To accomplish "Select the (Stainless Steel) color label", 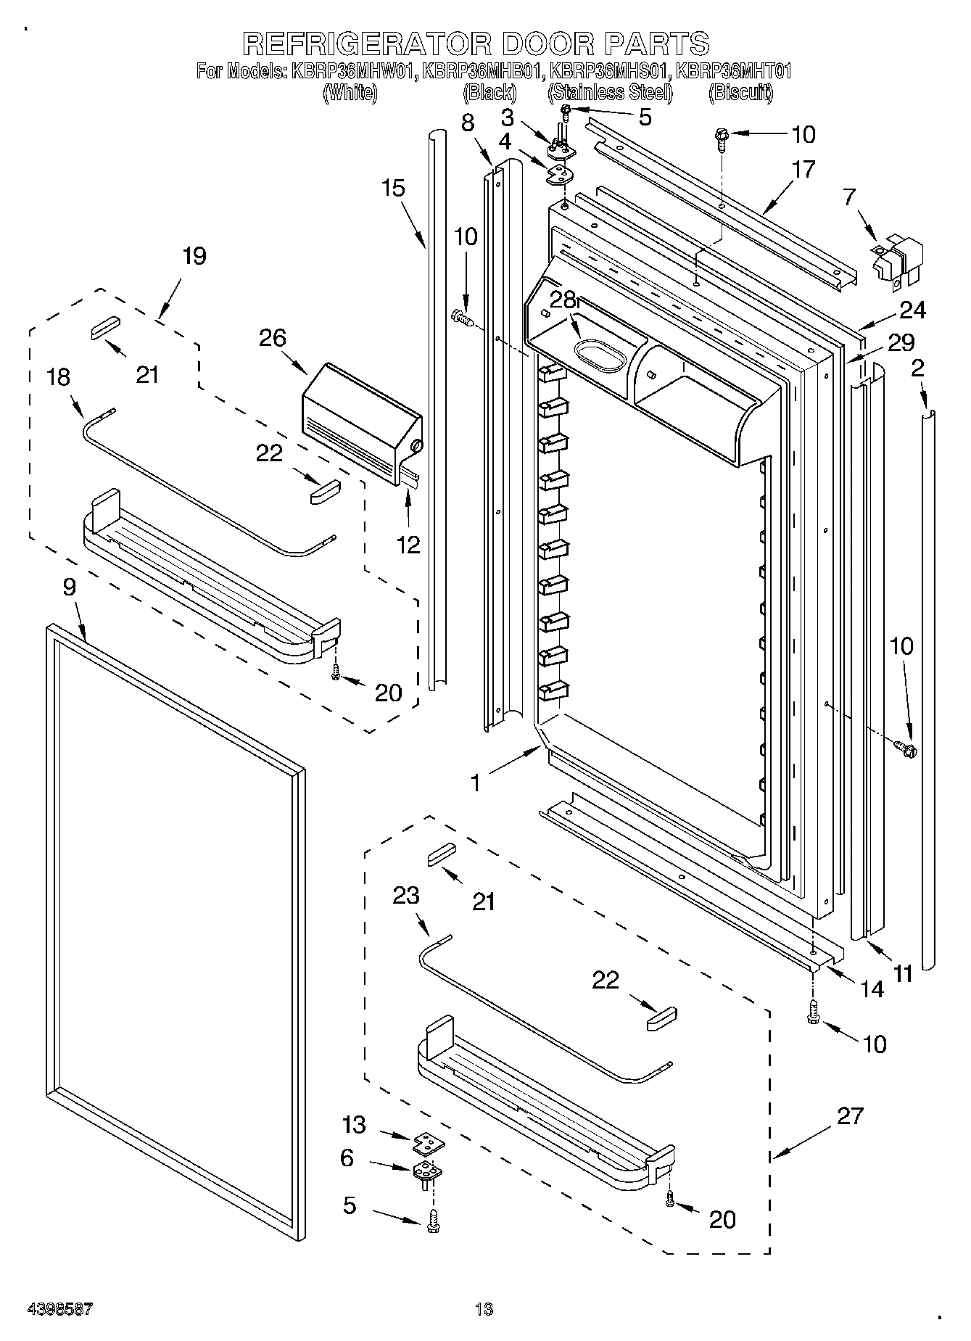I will (x=610, y=92).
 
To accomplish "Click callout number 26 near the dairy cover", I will (x=273, y=338).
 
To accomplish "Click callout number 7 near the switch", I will (x=849, y=197).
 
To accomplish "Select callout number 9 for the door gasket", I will (x=69, y=587).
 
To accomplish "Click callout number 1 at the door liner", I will (x=476, y=783).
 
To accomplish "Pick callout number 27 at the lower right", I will (x=850, y=1115).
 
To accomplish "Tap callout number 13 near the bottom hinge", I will (x=355, y=1125).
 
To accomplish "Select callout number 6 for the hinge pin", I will (x=347, y=1158).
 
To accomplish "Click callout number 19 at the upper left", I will (x=194, y=256).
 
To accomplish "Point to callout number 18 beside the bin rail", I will (x=59, y=377).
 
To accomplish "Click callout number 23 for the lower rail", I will (x=405, y=896).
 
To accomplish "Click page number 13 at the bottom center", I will (x=484, y=1309).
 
